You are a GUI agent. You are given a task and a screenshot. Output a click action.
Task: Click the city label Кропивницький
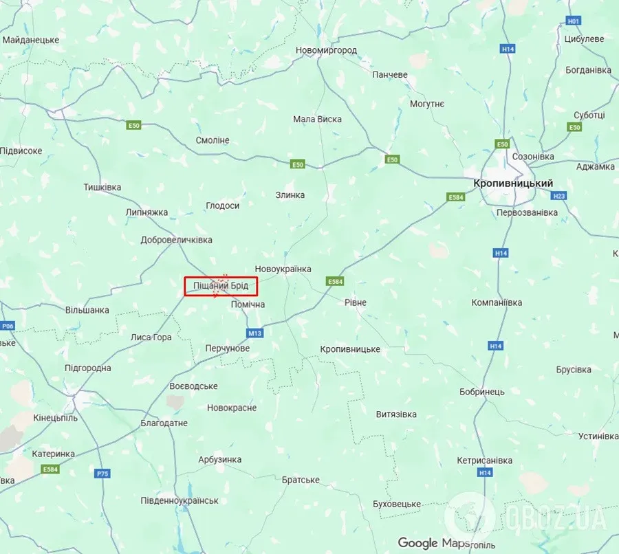[x=513, y=184]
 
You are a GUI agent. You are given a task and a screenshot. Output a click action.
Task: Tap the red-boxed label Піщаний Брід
[x=220, y=285]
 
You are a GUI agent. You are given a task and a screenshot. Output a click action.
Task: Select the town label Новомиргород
[x=326, y=51]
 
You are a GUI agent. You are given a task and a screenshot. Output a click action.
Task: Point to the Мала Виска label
[x=317, y=119]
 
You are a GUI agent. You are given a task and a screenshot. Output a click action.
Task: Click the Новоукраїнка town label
[x=283, y=269]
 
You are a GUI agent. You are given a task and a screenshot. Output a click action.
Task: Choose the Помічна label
[x=248, y=304]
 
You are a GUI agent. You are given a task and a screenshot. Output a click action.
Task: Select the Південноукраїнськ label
[x=179, y=500]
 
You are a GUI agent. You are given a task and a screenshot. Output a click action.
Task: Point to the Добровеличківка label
[x=176, y=240]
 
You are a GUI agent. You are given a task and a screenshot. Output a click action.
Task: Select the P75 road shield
[x=102, y=474]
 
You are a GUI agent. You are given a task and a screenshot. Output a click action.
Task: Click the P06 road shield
[x=8, y=326]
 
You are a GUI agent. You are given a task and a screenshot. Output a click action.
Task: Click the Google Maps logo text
[x=427, y=543]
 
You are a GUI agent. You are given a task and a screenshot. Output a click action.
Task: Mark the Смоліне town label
[x=213, y=140]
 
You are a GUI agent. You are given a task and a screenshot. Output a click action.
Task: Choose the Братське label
[x=301, y=480]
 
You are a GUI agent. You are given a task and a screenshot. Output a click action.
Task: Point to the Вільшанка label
[x=87, y=310]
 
